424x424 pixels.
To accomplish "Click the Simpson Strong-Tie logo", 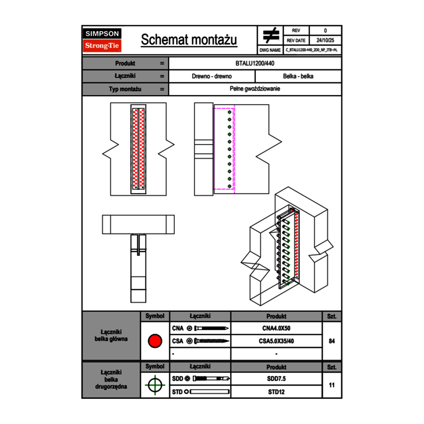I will [x=103, y=40].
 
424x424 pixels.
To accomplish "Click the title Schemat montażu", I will [x=189, y=40].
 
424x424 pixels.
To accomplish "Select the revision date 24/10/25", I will [x=325, y=40].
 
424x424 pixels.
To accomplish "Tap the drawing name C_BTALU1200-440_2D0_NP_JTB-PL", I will [x=311, y=50].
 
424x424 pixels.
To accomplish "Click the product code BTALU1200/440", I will [x=255, y=64].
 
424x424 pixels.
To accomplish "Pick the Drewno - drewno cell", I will [x=212, y=77].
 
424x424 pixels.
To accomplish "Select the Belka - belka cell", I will [x=298, y=77].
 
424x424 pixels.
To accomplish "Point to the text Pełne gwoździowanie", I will [x=255, y=89].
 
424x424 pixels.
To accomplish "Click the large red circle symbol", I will [x=155, y=341].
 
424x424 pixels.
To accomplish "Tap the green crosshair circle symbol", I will [x=155, y=385].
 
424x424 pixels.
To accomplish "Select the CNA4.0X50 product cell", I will [x=276, y=329].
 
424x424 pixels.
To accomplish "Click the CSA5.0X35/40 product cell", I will [x=276, y=341].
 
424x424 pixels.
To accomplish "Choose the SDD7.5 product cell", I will [x=276, y=379].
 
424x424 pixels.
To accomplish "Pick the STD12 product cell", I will [x=276, y=392].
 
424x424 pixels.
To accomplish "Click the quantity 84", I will [x=331, y=341].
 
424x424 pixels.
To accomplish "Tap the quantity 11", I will [x=331, y=385].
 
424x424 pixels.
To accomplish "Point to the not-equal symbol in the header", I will [x=271, y=36].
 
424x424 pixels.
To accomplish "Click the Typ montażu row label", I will [x=125, y=89].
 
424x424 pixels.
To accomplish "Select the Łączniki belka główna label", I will [x=111, y=335].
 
